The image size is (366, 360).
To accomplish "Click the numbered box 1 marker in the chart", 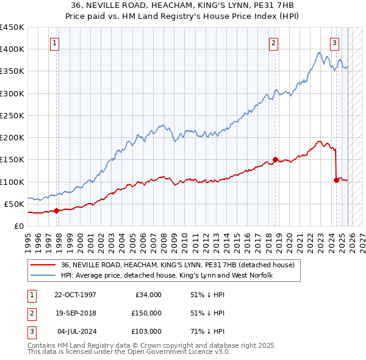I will [x=55, y=43].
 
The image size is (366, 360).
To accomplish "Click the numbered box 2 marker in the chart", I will [x=273, y=43].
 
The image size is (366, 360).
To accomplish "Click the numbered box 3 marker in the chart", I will [x=335, y=43].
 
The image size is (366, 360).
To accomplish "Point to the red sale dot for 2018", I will [x=276, y=160].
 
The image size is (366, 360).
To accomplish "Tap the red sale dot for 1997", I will [x=57, y=211].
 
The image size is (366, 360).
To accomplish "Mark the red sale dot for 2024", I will [x=336, y=180].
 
